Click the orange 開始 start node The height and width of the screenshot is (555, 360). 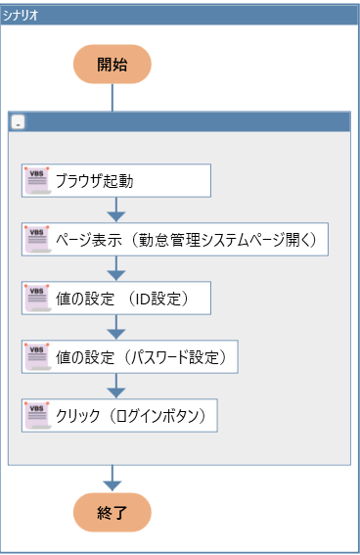tap(112, 65)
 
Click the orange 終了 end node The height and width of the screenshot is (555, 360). tap(112, 511)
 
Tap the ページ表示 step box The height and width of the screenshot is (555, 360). tap(174, 239)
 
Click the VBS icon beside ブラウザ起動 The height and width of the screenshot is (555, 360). tap(37, 180)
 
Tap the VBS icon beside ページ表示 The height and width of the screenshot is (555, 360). tap(37, 239)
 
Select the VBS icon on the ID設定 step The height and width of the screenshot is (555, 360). tap(37, 298)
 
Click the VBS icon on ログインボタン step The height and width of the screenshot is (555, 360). tap(37, 415)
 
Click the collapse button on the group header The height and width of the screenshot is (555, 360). tap(19, 123)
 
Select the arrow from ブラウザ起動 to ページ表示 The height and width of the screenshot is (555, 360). tap(115, 209)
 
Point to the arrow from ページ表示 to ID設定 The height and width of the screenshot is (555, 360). tap(115, 268)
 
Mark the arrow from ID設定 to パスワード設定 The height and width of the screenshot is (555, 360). tap(115, 327)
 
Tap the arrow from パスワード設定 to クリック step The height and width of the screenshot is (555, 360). tap(115, 386)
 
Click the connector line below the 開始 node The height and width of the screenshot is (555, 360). tap(112, 98)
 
